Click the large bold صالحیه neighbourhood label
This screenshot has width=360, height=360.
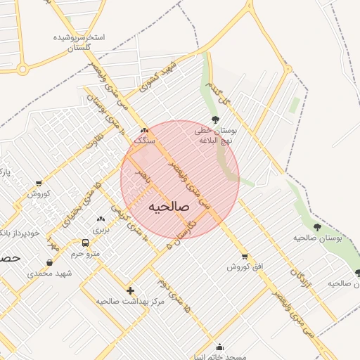(169, 207)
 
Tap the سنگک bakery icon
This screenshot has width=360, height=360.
(144, 131)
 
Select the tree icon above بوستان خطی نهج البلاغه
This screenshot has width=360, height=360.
(215, 119)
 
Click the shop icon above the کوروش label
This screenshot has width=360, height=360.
(38, 184)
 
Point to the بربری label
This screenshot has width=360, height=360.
(101, 230)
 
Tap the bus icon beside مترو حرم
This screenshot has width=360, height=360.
(85, 243)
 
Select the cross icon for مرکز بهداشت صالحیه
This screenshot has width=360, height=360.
(129, 290)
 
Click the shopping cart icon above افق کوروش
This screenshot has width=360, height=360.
(244, 257)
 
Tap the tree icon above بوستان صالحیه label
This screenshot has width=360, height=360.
(317, 227)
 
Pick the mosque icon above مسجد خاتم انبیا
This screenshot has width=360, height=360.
(220, 347)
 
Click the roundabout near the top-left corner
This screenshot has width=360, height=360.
(23, 69)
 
